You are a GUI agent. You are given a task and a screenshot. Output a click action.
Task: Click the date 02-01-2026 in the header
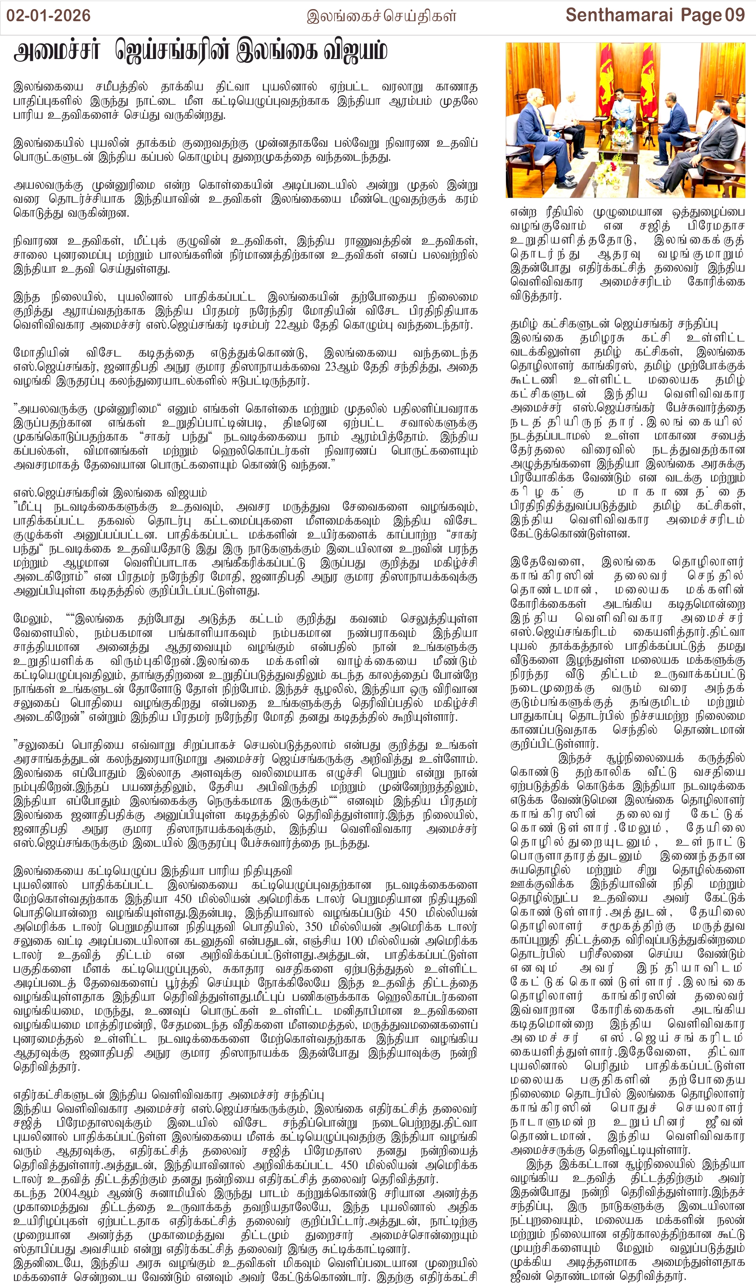pos(48,15)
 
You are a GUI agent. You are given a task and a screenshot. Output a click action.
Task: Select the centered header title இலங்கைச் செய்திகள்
pos(381,16)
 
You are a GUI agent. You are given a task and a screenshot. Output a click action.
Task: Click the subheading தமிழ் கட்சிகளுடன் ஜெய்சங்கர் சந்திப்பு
pos(614,324)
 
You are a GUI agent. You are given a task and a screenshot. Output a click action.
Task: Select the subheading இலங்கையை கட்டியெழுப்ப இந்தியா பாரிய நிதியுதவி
pos(153,871)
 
